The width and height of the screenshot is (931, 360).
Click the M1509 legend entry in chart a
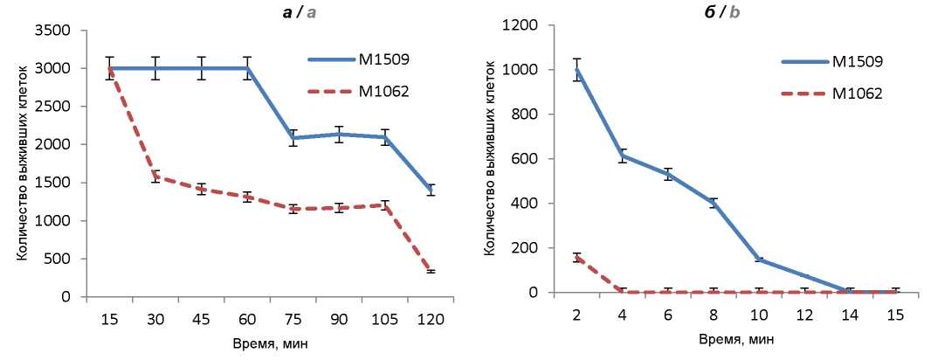tap(360, 60)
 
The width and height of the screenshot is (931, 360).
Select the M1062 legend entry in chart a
tap(360, 92)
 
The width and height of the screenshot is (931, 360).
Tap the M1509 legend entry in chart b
tap(832, 62)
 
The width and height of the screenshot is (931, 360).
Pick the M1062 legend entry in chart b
tap(832, 93)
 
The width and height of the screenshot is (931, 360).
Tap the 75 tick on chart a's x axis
tap(293, 319)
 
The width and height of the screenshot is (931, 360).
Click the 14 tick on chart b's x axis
tap(847, 315)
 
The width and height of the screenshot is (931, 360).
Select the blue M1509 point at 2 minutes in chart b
tap(576, 70)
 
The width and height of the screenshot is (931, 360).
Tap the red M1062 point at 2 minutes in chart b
tap(576, 257)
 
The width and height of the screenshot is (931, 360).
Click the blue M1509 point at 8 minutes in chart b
tap(713, 203)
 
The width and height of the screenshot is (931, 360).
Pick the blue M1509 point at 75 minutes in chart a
tap(293, 138)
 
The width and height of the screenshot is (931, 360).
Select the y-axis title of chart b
tap(491, 159)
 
